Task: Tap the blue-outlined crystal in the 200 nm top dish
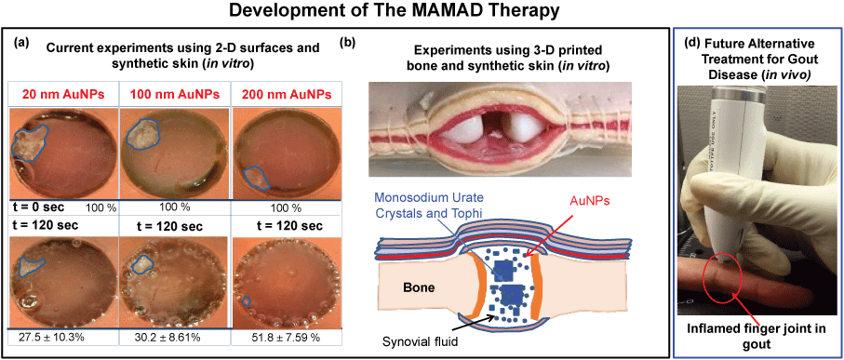pyautogui.click(x=257, y=178)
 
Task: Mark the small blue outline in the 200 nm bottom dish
pyautogui.click(x=247, y=300)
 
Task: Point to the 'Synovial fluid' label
pyautogui.click(x=419, y=340)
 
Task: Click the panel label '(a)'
pyautogui.click(x=22, y=46)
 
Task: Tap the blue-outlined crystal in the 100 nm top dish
pyautogui.click(x=143, y=132)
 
